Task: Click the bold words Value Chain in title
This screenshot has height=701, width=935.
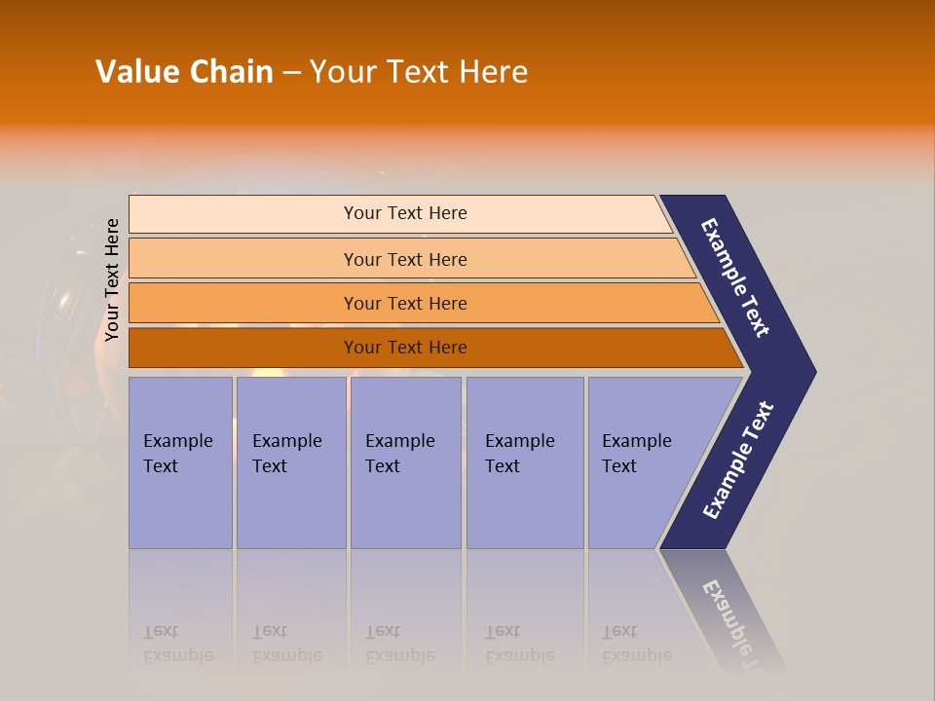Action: click(x=184, y=72)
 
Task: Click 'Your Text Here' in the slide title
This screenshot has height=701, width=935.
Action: click(x=419, y=72)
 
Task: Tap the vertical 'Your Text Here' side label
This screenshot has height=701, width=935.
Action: click(x=112, y=279)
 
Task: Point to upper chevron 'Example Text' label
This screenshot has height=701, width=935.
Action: click(x=735, y=277)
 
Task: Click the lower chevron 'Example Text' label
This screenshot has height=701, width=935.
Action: click(x=737, y=461)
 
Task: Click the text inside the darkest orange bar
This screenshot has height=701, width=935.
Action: click(x=405, y=348)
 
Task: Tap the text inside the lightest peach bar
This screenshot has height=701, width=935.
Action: click(x=405, y=213)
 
